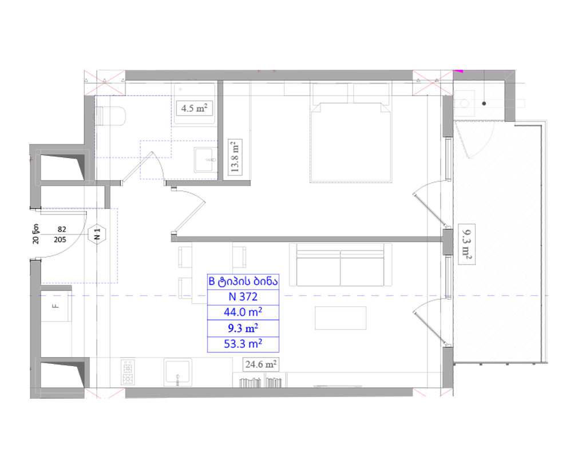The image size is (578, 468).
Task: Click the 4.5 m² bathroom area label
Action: coord(194,108)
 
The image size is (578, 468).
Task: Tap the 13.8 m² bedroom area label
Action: coord(235,157)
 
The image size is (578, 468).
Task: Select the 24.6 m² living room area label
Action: coord(260,364)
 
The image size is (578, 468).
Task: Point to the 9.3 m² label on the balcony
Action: coord(466,244)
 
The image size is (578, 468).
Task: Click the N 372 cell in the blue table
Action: coord(243,297)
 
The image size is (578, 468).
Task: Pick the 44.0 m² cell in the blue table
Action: coord(243,312)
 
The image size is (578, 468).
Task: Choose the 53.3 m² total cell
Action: coord(243,344)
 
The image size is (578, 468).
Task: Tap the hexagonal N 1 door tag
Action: coord(97,234)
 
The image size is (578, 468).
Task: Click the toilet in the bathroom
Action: coord(110,116)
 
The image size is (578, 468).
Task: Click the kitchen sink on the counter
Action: coord(177,372)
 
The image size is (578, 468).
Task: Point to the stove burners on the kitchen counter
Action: coord(128,372)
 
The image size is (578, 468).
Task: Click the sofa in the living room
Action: coord(341,264)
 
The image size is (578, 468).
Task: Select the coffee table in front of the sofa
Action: coord(341,318)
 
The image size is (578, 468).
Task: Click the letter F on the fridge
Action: coord(56,306)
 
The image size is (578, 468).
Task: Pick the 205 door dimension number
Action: coord(60,240)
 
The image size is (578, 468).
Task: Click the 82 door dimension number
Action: coord(62,229)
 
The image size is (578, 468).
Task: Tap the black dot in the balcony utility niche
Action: coord(484,104)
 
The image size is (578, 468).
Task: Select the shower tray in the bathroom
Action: coord(194,104)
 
